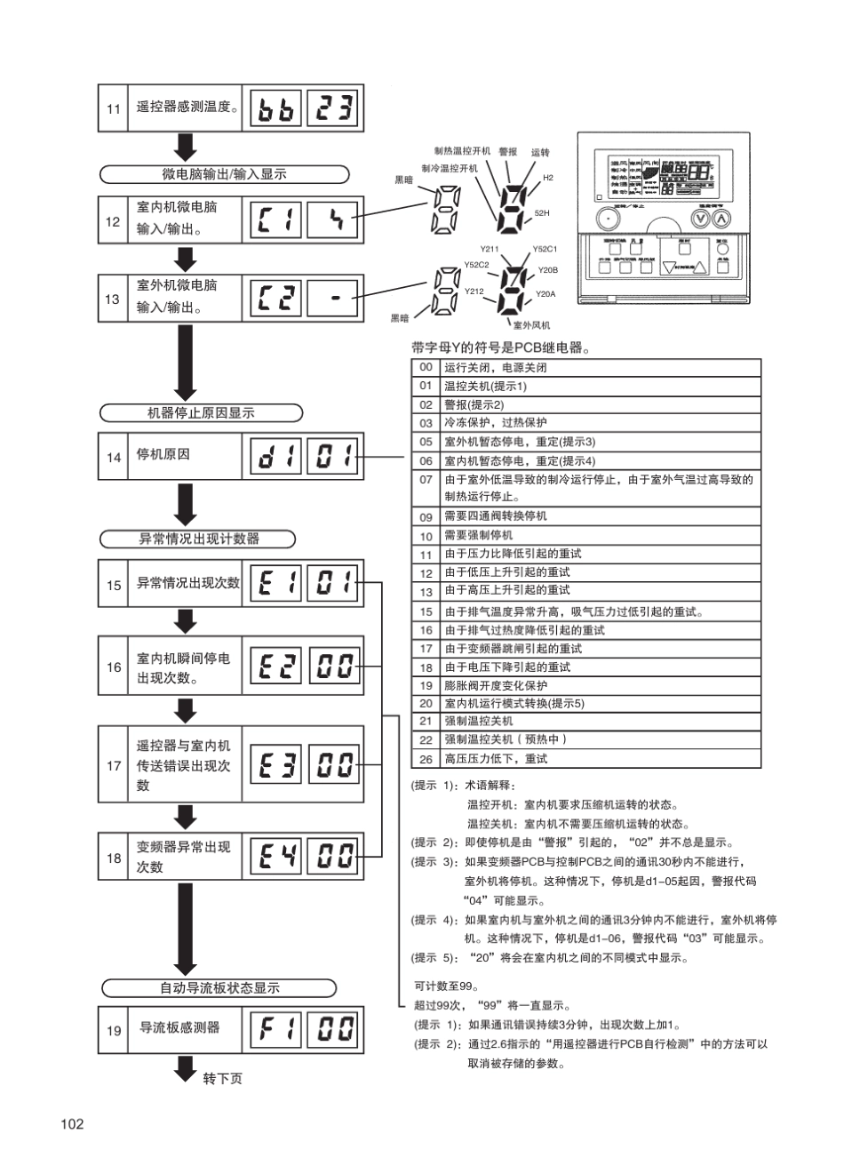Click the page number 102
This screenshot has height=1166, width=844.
(x=73, y=1124)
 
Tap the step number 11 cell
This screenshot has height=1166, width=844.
(x=114, y=109)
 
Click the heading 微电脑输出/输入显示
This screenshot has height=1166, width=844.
(x=211, y=174)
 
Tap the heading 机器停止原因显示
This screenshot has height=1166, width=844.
(x=201, y=412)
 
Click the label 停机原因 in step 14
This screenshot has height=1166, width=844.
(x=163, y=455)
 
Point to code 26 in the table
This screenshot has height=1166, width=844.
(x=426, y=759)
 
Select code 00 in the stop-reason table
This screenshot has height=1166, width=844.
(x=426, y=367)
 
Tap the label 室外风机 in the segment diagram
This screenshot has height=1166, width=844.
(x=532, y=325)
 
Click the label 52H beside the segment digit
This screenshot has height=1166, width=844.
(x=542, y=213)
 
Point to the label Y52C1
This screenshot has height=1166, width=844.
(x=545, y=250)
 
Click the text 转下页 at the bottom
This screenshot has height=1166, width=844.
(x=222, y=1078)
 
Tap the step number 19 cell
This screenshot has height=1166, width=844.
(x=114, y=1031)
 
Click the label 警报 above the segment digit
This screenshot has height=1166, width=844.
(x=508, y=152)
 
